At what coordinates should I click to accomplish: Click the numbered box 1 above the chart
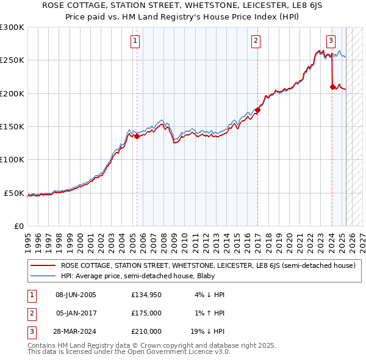134,41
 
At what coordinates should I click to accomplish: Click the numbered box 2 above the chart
256,41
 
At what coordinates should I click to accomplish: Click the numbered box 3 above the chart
330,41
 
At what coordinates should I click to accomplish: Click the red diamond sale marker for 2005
137,137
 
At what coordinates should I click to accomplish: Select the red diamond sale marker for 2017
257,110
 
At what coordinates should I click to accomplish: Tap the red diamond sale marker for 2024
332,87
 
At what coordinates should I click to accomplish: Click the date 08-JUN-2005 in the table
76,295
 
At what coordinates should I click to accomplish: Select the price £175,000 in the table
146,313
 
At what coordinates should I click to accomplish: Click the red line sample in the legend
43,266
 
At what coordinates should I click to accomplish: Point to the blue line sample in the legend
43,275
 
